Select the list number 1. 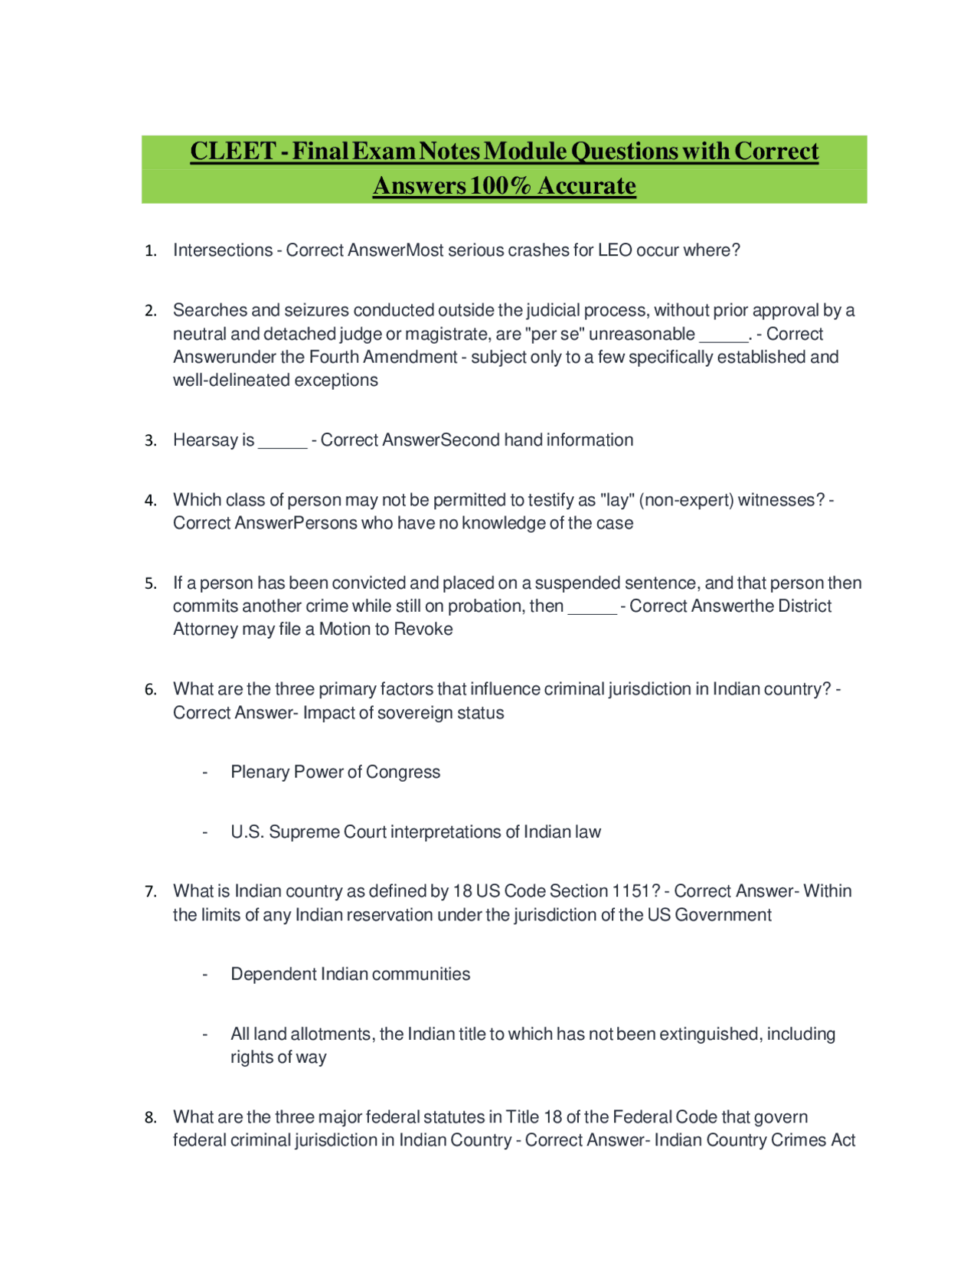click(x=150, y=251)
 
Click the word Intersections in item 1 click(x=222, y=250)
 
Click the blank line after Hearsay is click(x=283, y=443)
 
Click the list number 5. click(x=150, y=584)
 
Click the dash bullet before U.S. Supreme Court click(x=205, y=832)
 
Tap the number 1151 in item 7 click(x=630, y=891)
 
